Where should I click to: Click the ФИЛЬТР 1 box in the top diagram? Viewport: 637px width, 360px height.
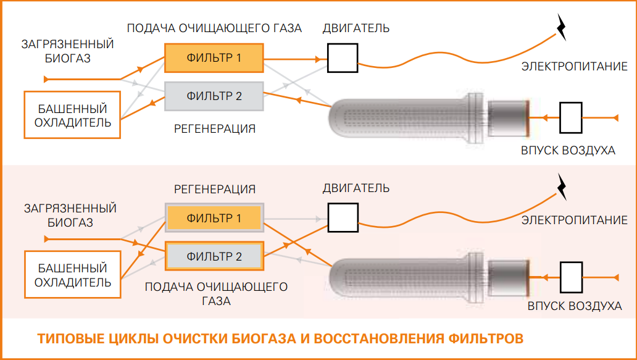tap(214, 59)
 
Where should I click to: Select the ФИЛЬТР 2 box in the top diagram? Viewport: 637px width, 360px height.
tap(214, 96)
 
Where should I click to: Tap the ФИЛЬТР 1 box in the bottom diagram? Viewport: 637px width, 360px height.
tap(214, 218)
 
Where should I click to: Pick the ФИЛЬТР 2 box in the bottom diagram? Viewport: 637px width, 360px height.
tap(214, 256)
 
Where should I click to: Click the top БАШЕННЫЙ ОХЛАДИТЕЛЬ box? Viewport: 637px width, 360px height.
tap(73, 115)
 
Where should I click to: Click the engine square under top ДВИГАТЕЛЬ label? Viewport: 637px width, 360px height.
tap(343, 58)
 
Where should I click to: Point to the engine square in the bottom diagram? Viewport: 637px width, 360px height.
tap(343, 217)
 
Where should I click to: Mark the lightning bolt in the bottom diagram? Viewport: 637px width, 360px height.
tap(562, 186)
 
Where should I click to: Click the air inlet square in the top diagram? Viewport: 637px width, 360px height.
tap(571, 117)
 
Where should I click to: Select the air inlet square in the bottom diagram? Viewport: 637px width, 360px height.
tap(571, 278)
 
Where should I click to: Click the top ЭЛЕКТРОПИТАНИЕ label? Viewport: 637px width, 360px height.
tap(574, 66)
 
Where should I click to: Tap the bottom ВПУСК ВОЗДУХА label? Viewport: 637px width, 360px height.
tap(574, 306)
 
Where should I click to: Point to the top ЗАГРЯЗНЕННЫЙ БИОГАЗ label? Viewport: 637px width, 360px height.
tap(68, 51)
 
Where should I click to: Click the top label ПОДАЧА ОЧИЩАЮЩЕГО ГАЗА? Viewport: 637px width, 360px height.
tap(214, 28)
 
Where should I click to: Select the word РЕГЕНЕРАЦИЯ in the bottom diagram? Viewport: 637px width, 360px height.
tap(214, 189)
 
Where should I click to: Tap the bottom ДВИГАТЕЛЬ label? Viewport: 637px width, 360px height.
tap(356, 188)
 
